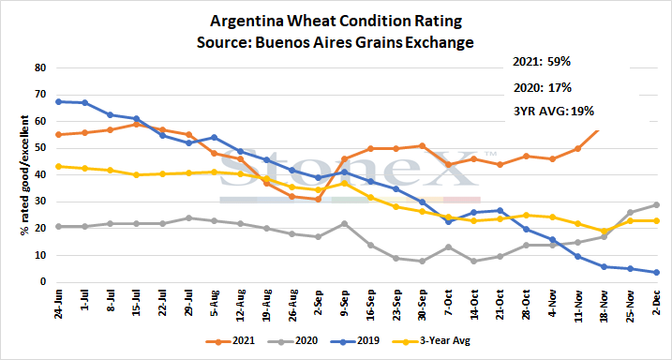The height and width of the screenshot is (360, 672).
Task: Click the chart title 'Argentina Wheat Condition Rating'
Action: pyautogui.click(x=336, y=22)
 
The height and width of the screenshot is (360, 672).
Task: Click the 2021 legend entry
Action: pyautogui.click(x=230, y=341)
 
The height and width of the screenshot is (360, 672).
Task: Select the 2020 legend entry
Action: pyautogui.click(x=293, y=341)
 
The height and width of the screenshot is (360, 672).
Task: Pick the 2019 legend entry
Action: pyautogui.click(x=355, y=341)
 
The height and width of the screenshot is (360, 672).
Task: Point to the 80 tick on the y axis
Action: pyautogui.click(x=40, y=67)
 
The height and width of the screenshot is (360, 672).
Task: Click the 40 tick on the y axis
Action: pyautogui.click(x=40, y=175)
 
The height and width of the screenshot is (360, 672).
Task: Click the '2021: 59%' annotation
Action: pyautogui.click(x=542, y=62)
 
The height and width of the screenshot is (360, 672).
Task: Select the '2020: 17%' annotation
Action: pyautogui.click(x=543, y=88)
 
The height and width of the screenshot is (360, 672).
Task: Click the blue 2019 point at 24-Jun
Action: pyautogui.click(x=58, y=101)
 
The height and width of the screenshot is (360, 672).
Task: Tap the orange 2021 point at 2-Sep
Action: pyautogui.click(x=319, y=200)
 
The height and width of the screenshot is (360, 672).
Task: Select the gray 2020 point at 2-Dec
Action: pyautogui.click(x=657, y=205)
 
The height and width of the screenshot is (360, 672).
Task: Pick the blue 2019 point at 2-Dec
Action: pyautogui.click(x=657, y=272)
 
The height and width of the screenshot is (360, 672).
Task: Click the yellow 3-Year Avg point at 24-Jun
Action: pyautogui.click(x=58, y=166)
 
